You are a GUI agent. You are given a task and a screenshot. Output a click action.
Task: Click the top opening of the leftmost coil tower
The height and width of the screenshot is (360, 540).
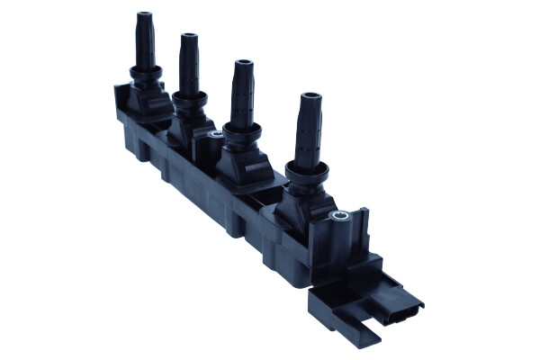pos(143,15)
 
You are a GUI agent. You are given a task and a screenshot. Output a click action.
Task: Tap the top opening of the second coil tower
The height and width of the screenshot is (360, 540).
pos(189,38)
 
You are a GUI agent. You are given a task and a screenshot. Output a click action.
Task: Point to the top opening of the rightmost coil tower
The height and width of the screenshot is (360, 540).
pos(310,96)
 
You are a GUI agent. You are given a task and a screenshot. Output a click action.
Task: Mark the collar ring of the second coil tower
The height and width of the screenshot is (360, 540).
pos(188,96)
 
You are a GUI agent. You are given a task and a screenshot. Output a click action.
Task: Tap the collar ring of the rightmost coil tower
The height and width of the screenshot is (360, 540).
pos(306,169)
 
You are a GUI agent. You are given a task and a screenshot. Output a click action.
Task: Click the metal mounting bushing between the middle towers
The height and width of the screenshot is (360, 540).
pos(215,136)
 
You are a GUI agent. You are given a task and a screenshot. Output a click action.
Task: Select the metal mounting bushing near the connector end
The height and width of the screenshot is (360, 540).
pos(339,217)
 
